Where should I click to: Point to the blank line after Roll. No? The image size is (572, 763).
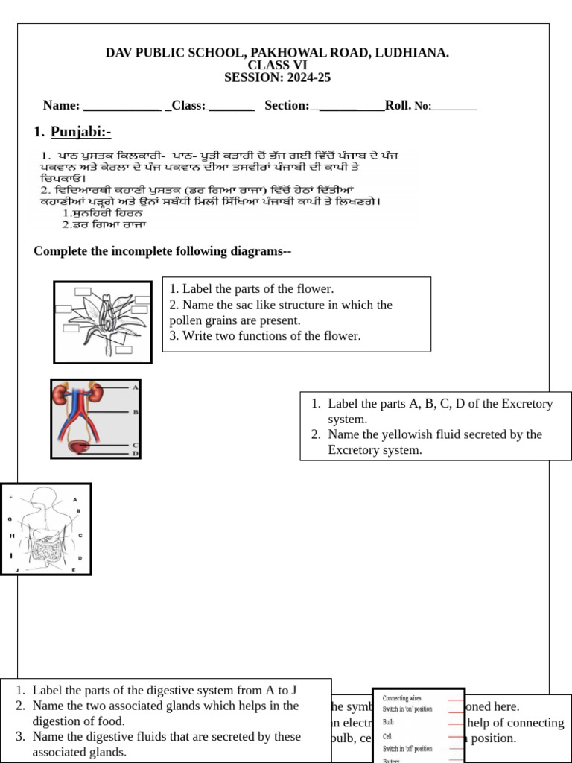(x=454, y=106)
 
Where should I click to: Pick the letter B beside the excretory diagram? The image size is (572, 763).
(x=136, y=411)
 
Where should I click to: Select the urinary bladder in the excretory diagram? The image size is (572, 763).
(x=75, y=446)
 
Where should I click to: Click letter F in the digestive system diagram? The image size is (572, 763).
(x=10, y=496)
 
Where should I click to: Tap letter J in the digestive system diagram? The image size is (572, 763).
(x=16, y=569)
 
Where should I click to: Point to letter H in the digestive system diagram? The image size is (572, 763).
(x=12, y=535)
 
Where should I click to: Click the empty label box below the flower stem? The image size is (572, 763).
(x=124, y=349)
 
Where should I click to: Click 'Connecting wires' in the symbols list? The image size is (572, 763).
(x=402, y=698)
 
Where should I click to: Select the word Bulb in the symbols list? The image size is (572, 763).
(x=389, y=722)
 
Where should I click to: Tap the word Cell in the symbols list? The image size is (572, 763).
(x=387, y=735)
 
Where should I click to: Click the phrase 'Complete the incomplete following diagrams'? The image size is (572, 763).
(x=162, y=251)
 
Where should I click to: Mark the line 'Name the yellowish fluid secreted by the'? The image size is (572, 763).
(x=434, y=434)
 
